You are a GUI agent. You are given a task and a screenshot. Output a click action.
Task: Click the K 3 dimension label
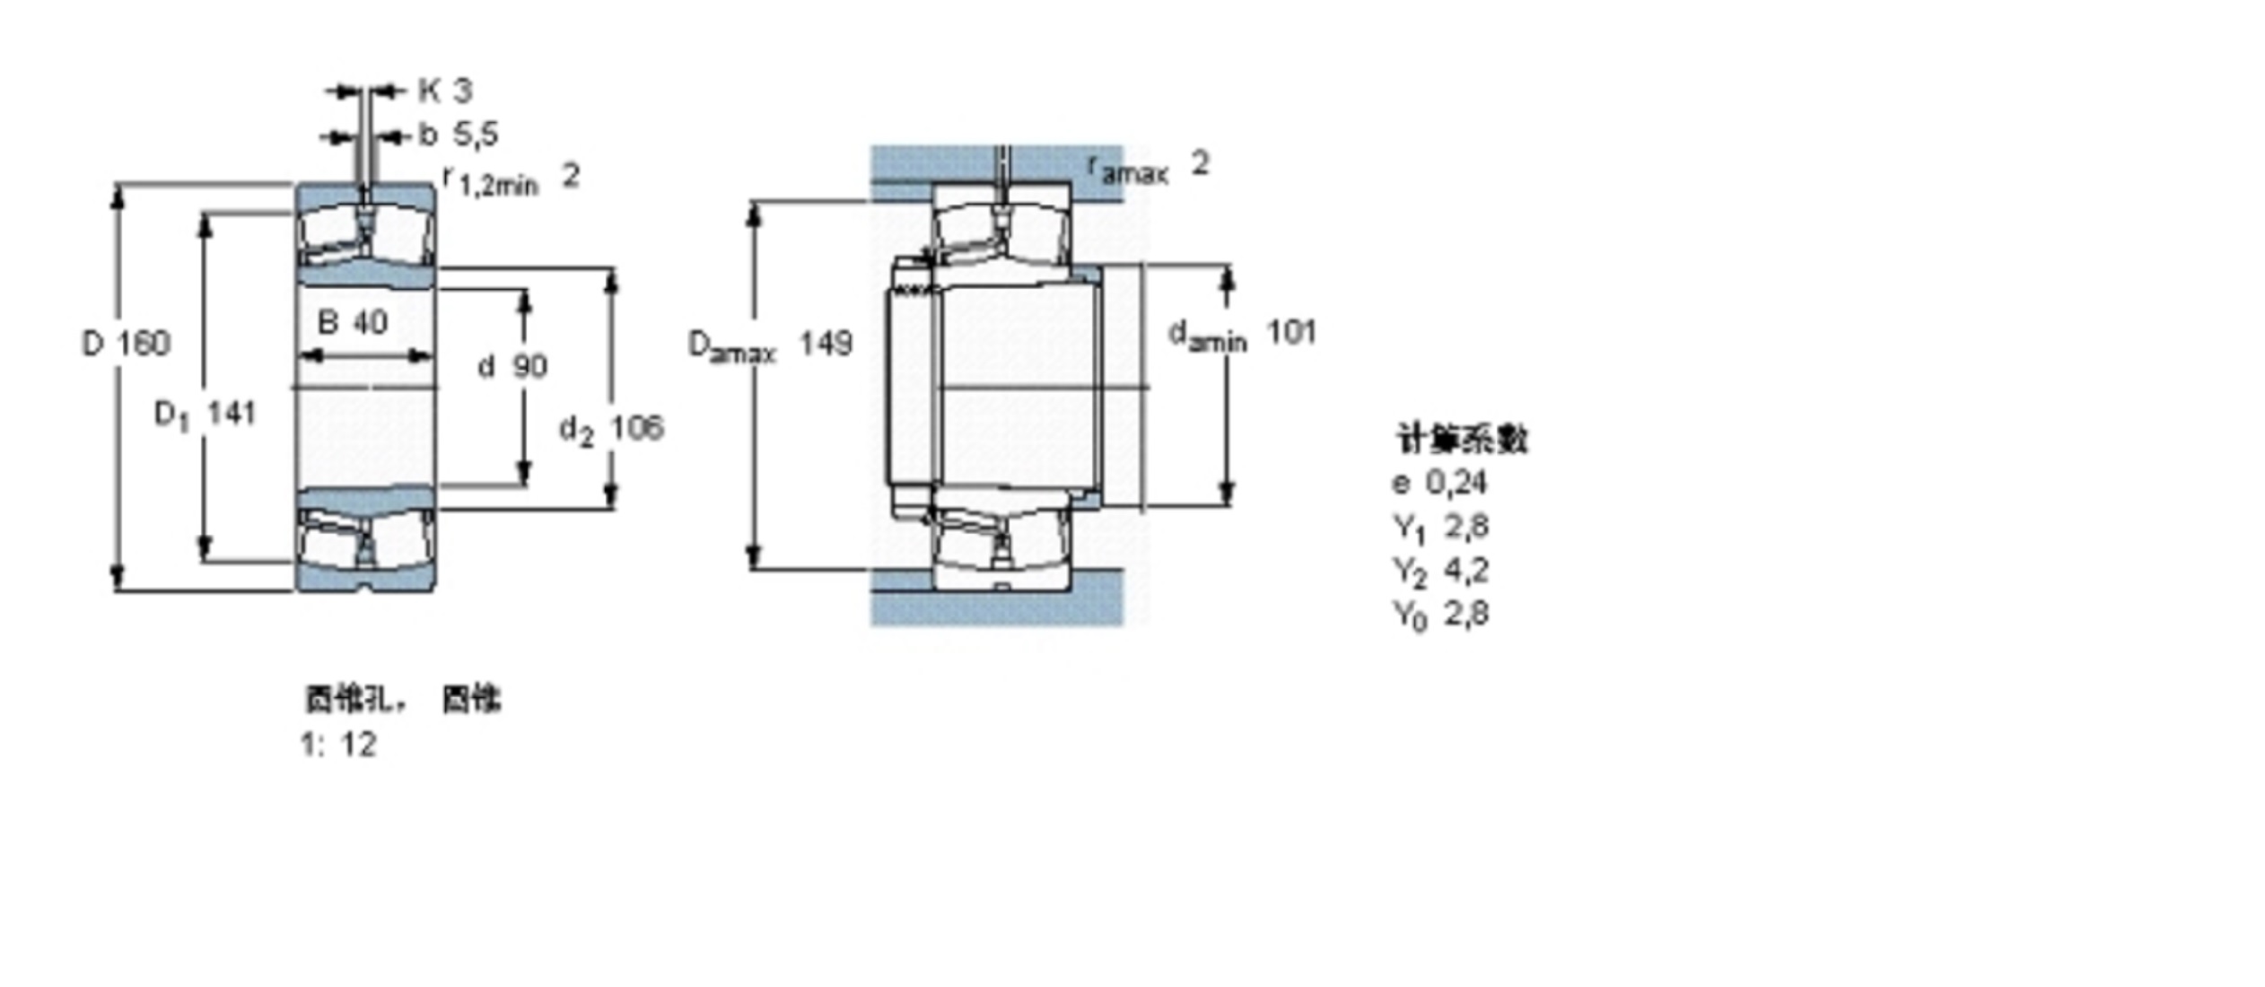pyautogui.click(x=444, y=91)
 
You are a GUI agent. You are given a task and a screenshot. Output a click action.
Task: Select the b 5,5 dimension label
pyautogui.click(x=458, y=135)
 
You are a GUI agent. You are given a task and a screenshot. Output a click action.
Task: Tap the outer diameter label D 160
pyautogui.click(x=126, y=344)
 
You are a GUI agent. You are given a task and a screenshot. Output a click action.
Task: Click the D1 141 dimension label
pyautogui.click(x=206, y=415)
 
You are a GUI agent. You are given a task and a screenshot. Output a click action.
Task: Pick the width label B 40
pyautogui.click(x=353, y=322)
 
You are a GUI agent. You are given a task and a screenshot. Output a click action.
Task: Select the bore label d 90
pyautogui.click(x=512, y=366)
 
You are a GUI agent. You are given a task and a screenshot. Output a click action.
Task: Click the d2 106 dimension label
pyautogui.click(x=611, y=429)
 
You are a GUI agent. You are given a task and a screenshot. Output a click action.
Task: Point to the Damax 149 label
pyautogui.click(x=769, y=345)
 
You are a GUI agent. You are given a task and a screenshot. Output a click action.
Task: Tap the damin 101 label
pyautogui.click(x=1241, y=335)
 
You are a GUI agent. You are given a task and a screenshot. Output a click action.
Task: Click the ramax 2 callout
pyautogui.click(x=1148, y=166)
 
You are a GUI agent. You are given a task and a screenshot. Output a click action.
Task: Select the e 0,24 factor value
pyautogui.click(x=1439, y=484)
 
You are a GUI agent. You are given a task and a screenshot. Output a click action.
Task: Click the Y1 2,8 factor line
pyautogui.click(x=1439, y=528)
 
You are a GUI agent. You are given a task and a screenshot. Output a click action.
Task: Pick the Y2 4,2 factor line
pyautogui.click(x=1439, y=571)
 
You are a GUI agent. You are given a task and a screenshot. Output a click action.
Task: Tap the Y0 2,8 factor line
pyautogui.click(x=1439, y=615)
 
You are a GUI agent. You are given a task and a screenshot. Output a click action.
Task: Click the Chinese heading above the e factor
pyautogui.click(x=1461, y=440)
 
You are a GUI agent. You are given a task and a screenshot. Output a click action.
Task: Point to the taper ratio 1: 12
pyautogui.click(x=338, y=745)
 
